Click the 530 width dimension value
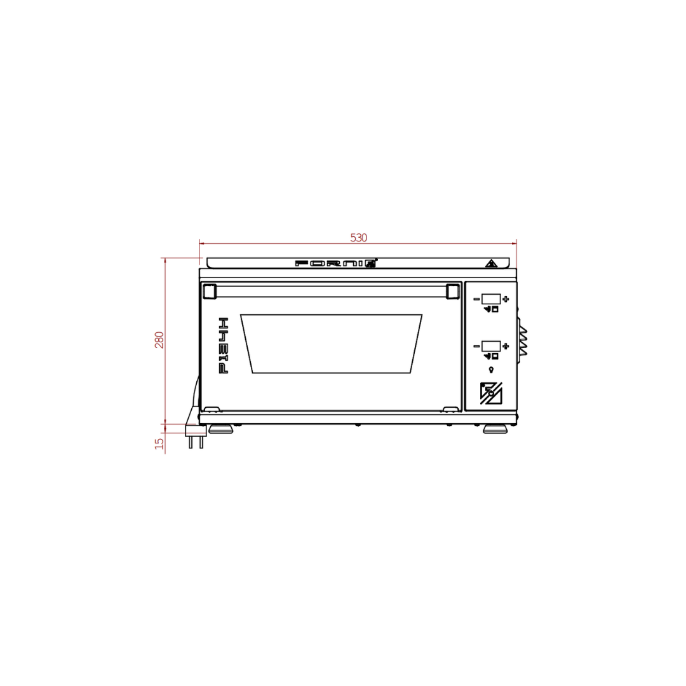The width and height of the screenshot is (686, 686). pos(359,238)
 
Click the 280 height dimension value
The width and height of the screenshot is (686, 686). pos(159,340)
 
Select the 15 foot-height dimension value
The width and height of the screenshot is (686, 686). pos(159,443)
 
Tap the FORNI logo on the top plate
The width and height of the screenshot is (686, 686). pos(336,262)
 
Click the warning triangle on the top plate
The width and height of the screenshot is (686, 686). pos(490,263)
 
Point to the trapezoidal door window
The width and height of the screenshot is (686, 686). pos(331,343)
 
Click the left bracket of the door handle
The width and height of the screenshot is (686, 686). pos(209,291)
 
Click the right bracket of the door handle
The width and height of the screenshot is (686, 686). pos(452,291)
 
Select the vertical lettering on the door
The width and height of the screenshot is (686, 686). pos(223,346)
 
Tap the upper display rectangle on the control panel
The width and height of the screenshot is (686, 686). pos(491,299)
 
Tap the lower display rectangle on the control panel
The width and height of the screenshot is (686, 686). pos(491,346)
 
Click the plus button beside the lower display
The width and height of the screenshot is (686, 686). pos(506,346)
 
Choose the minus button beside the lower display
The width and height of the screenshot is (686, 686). pos(476,346)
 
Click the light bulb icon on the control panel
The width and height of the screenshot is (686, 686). pos(491,370)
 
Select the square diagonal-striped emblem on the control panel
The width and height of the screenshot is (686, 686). pos(490,393)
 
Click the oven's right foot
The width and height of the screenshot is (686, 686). pos(495,429)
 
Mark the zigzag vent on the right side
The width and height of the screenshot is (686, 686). pos(523,341)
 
